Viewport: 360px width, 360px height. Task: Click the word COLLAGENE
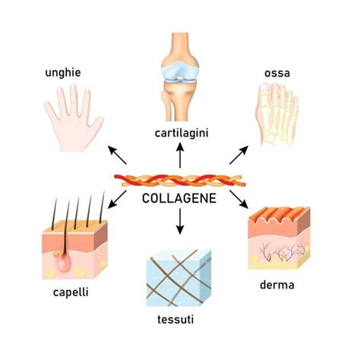tap(179, 199)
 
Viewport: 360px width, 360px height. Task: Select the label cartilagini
tap(179, 133)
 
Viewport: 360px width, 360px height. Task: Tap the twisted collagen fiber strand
tap(179, 182)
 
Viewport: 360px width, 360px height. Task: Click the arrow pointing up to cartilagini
tap(179, 156)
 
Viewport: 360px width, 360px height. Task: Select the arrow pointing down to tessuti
tap(179, 223)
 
